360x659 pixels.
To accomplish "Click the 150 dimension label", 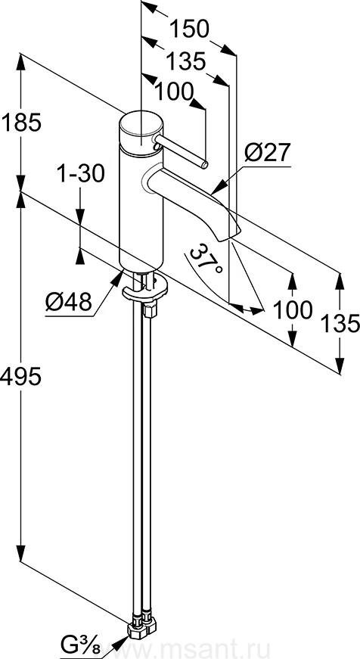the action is tap(189, 30).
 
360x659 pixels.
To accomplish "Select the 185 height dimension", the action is tap(21, 123).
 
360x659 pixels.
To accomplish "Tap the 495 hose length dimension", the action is tap(20, 376).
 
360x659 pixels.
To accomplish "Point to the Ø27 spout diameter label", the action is tap(267, 152).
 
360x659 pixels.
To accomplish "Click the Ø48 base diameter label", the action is tap(69, 301).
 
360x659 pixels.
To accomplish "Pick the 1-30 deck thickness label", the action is tap(80, 173).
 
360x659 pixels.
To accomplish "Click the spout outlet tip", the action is tap(230, 235).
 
